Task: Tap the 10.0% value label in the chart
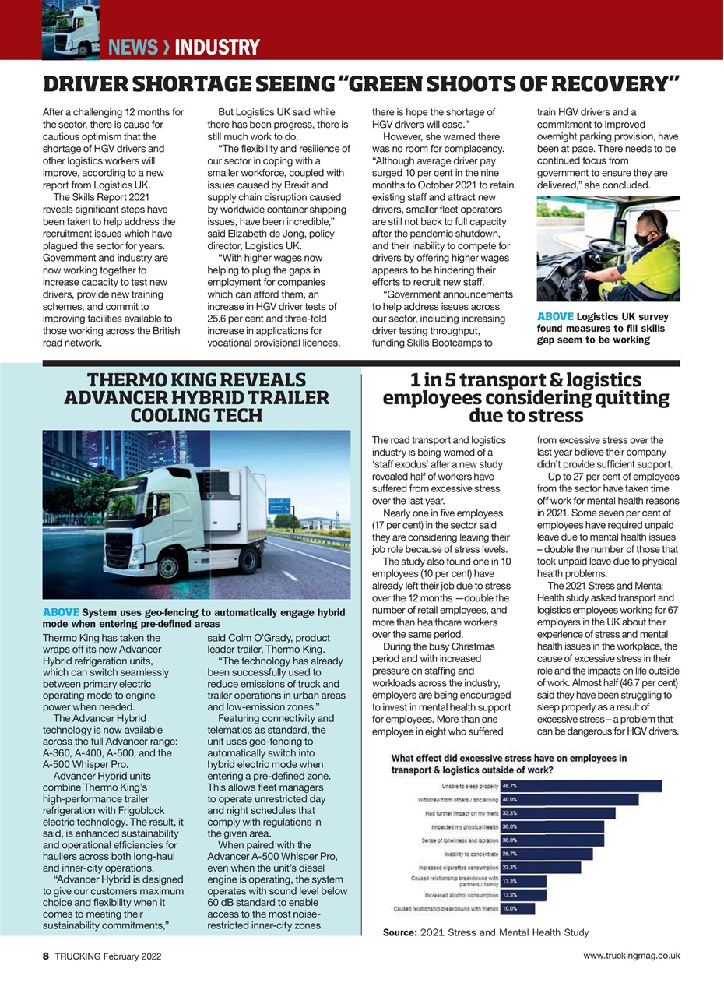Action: click(510, 909)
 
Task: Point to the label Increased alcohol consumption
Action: click(455, 895)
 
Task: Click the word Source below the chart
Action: click(399, 932)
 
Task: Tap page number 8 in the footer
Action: click(46, 956)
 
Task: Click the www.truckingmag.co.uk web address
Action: click(631, 956)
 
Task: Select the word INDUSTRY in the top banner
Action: click(216, 48)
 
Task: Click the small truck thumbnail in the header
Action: click(70, 30)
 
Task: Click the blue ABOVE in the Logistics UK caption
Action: click(555, 316)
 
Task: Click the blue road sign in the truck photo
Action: click(279, 506)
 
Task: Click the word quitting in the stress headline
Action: click(619, 398)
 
